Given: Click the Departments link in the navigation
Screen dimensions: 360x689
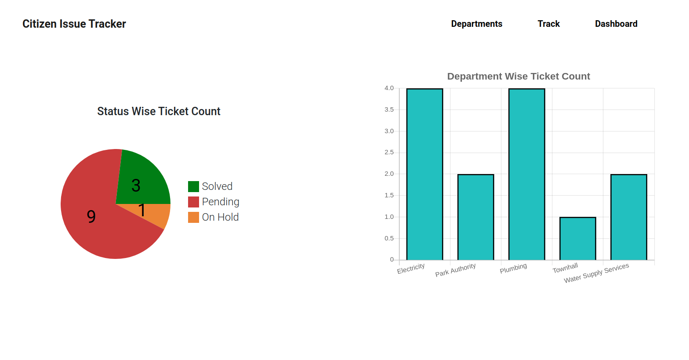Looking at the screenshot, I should point(476,24).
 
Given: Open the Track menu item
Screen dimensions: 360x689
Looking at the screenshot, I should point(548,24).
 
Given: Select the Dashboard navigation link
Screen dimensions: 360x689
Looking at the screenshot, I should point(616,24).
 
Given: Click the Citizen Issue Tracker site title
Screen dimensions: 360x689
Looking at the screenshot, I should point(74,24).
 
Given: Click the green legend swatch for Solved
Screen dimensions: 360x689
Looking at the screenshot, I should point(193,186).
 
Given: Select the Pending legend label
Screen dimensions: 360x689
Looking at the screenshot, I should point(221,202).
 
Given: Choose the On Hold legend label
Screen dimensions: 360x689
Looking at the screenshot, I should point(220,217).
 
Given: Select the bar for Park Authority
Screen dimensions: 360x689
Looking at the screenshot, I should point(475,217).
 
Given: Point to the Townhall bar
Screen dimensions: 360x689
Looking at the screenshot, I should point(577,238).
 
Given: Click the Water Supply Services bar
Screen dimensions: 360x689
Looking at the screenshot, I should point(628,217).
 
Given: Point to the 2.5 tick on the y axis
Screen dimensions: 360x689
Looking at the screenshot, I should point(389,153).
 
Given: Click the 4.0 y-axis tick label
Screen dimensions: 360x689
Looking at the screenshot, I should point(389,88).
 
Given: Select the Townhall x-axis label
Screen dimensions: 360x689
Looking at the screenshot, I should point(565,268).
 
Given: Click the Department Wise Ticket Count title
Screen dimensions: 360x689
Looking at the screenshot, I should point(519,76).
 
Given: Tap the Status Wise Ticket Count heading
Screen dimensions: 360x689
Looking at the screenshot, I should point(159,111).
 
